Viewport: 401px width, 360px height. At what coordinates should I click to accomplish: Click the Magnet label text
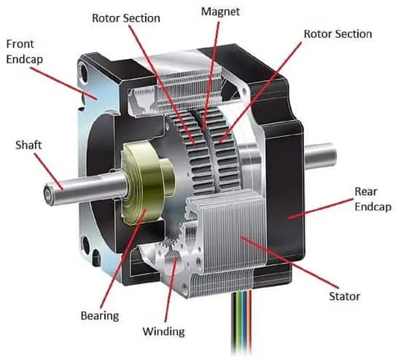pos(220,12)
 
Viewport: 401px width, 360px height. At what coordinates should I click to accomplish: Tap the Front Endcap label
pos(24,52)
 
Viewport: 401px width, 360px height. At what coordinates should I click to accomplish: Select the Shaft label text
pos(28,145)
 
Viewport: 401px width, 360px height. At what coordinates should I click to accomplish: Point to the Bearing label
pos(100,316)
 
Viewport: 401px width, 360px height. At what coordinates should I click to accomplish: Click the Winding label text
pos(163,332)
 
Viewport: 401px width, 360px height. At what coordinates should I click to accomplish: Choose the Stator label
pos(344,297)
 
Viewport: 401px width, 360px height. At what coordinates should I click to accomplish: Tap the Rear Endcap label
pos(373,199)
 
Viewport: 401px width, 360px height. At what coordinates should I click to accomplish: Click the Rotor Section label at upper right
pos(338,34)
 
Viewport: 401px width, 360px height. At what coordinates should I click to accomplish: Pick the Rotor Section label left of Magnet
pos(126,18)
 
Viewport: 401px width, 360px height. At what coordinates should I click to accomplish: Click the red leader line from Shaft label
pos(49,171)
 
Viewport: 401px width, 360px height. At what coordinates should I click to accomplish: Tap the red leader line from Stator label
pos(289,263)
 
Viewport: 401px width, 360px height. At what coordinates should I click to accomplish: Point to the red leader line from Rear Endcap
pos(322,208)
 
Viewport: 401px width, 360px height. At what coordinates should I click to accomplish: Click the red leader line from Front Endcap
pos(63,83)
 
